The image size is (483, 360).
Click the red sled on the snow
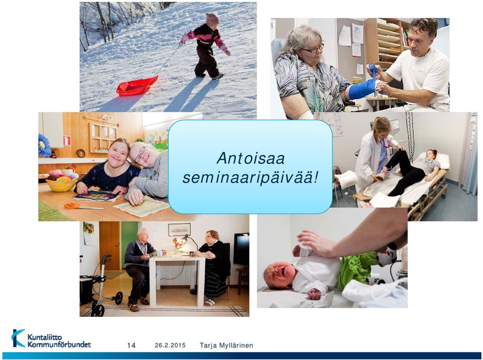[x=137, y=85]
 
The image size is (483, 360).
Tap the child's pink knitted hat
[x=212, y=19]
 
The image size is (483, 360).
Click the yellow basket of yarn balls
[x=61, y=184]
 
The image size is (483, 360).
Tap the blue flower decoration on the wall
[x=45, y=146]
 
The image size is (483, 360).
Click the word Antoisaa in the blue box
[x=251, y=158]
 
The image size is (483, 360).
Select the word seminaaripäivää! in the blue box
[x=250, y=178]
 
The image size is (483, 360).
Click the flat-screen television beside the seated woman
[x=241, y=249]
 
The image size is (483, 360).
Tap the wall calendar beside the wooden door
[x=89, y=233]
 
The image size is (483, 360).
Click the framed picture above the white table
[x=179, y=229]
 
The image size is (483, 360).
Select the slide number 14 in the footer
[x=131, y=345]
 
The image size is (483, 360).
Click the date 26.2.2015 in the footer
[x=170, y=345]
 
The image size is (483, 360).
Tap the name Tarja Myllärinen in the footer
[x=226, y=345]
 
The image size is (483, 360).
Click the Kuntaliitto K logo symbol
[x=19, y=338]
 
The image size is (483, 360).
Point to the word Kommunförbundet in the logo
[x=59, y=344]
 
